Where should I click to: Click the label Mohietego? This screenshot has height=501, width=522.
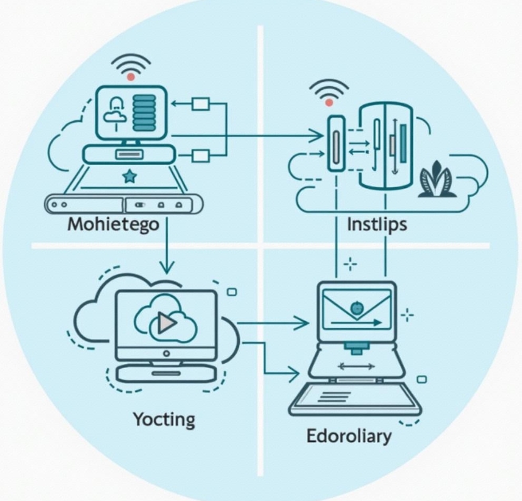tap(113, 225)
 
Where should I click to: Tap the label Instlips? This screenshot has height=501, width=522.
tap(377, 225)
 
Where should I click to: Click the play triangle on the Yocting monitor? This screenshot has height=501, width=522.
tap(166, 322)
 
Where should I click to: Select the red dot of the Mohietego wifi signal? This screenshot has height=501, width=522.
tap(129, 77)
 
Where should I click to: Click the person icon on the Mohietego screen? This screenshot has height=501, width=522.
tap(113, 108)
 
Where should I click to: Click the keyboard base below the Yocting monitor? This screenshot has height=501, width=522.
tap(165, 371)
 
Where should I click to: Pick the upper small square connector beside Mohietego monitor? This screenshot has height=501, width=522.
tap(201, 104)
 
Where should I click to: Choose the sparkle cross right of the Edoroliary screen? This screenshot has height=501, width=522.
tap(408, 317)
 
